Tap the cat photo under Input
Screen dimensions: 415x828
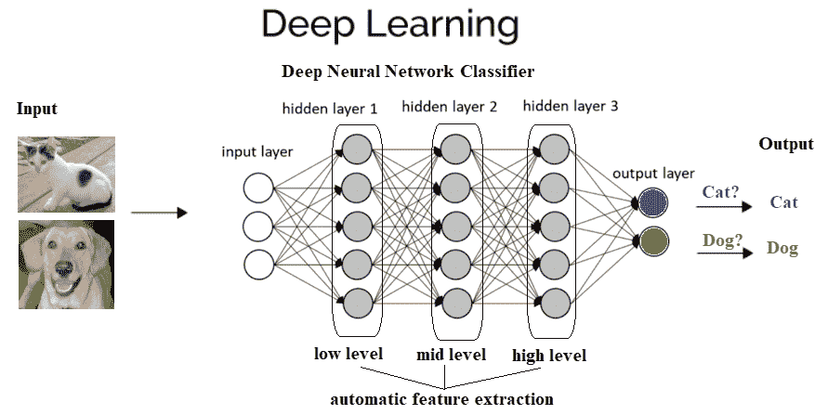(66, 174)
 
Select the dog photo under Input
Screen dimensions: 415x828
(66, 265)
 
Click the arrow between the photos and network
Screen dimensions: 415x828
(159, 213)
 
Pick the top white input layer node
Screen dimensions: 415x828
(257, 188)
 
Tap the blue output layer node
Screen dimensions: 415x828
(653, 202)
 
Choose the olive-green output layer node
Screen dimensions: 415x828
(653, 241)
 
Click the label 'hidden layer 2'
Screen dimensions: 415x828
(450, 107)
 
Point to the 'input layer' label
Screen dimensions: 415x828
(256, 152)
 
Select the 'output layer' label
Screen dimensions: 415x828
(653, 174)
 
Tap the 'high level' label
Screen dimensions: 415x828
(549, 356)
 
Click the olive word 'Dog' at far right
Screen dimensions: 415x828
(782, 249)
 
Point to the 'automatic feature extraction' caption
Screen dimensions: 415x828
(442, 399)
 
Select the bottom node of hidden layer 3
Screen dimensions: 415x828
(554, 302)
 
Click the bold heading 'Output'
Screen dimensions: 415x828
(786, 144)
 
